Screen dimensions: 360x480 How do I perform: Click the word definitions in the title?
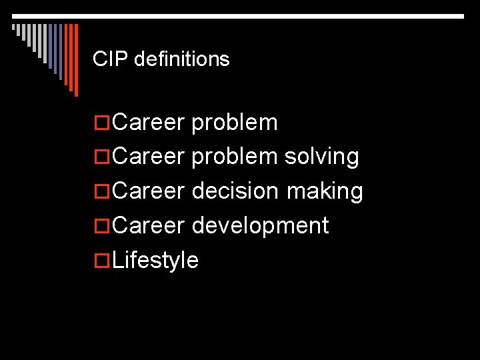click(x=181, y=59)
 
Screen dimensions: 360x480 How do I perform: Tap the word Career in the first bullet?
click(x=148, y=123)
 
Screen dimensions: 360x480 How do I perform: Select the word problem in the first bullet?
click(x=235, y=123)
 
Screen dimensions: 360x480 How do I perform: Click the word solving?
click(x=322, y=157)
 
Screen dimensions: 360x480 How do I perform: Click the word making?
click(x=325, y=191)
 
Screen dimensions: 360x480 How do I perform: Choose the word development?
click(x=260, y=226)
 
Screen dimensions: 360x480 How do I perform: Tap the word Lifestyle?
click(x=155, y=260)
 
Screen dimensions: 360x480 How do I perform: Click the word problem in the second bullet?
click(x=235, y=157)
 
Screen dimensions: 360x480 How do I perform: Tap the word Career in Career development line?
click(x=148, y=226)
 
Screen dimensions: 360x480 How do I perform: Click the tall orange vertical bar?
click(x=75, y=60)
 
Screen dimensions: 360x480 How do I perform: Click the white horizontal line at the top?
click(x=240, y=15)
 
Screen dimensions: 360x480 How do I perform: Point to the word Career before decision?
click(x=148, y=191)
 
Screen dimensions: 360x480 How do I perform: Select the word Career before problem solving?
click(x=148, y=157)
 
